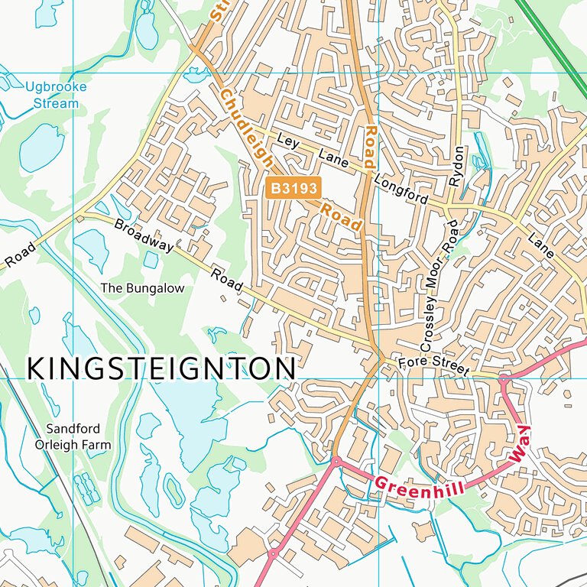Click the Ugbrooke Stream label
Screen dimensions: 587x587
pos(55,95)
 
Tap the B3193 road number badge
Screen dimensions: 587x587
pos(293,187)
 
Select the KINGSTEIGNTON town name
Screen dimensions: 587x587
pos(161,368)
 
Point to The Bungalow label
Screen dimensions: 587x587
pos(143,288)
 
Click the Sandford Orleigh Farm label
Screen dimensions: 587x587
pos(73,436)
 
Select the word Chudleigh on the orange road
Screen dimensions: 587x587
pos(246,127)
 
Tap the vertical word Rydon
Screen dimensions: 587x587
pos(458,167)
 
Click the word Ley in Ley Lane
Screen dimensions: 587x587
pos(289,142)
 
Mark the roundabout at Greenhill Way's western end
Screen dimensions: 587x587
pos(335,461)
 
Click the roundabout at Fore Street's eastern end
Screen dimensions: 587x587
pos(503,378)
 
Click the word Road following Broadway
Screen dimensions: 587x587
pos(226,280)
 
